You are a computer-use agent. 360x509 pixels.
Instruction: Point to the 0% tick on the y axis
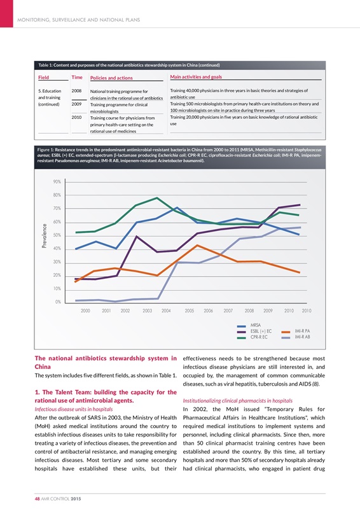(x=58, y=302)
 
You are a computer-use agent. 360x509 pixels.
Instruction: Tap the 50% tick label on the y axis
(x=57, y=235)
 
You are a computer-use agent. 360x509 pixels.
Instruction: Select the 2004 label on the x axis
(x=167, y=310)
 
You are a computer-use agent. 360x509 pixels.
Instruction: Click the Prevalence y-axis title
(x=44, y=235)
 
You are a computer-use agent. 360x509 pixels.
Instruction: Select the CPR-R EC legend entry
(x=259, y=337)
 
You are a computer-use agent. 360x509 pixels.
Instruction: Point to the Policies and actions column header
(x=111, y=78)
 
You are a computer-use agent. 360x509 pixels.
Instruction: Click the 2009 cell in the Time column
(x=77, y=104)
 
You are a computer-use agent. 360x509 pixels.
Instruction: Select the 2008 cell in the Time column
(x=77, y=91)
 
